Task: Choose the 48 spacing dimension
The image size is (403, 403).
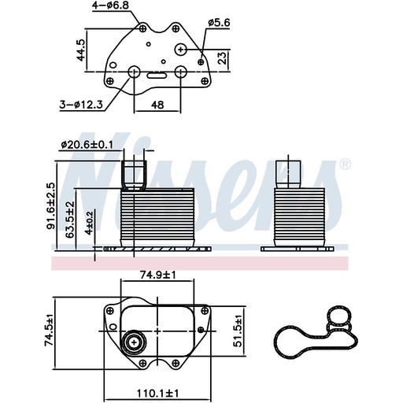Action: pyautogui.click(x=157, y=104)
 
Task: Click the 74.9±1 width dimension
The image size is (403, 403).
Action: pyautogui.click(x=157, y=275)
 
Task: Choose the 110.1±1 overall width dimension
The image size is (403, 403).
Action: pyautogui.click(x=158, y=391)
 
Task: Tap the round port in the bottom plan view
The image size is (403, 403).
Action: pyautogui.click(x=132, y=343)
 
